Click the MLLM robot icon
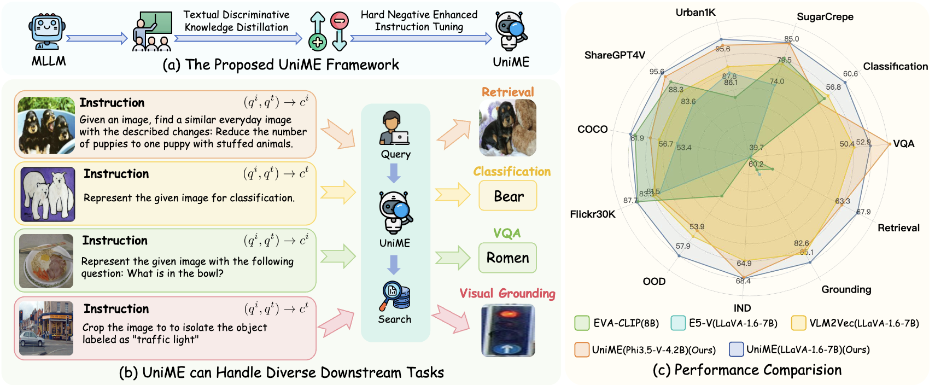click(x=48, y=33)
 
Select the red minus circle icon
click(x=340, y=21)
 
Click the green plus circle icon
click(x=317, y=42)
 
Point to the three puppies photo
click(x=46, y=126)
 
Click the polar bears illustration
click(x=48, y=194)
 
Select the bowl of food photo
click(x=46, y=261)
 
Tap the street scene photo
click(x=46, y=328)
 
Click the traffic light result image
click(x=508, y=330)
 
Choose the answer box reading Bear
click(x=508, y=196)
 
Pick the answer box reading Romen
click(x=507, y=258)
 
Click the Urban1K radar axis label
click(x=696, y=13)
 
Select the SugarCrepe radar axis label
click(x=825, y=17)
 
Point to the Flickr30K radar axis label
click(x=593, y=214)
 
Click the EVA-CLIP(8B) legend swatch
click(x=582, y=323)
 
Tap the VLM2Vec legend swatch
click(x=798, y=323)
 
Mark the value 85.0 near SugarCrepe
click(x=791, y=39)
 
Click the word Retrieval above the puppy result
click(x=507, y=92)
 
